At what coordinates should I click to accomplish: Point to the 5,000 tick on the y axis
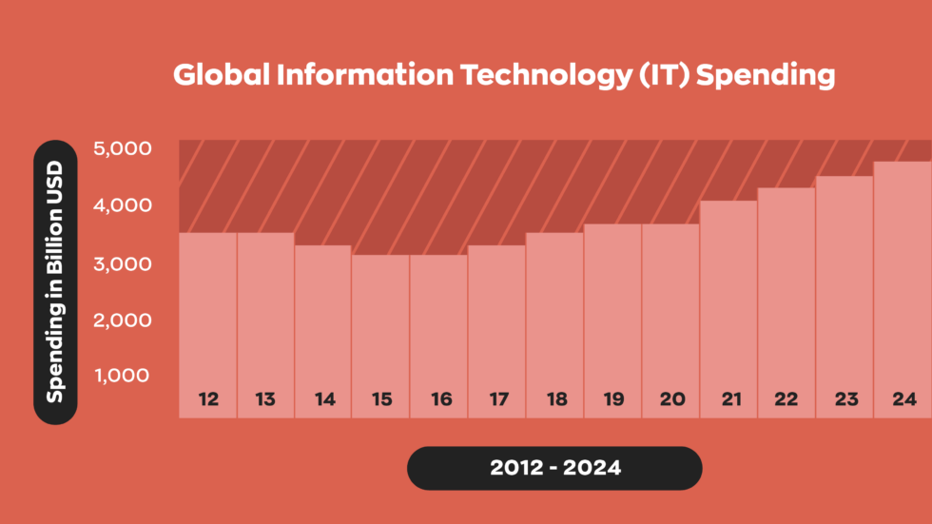(122, 148)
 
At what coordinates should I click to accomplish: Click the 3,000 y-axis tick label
(122, 263)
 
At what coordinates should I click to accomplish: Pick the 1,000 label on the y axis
(122, 375)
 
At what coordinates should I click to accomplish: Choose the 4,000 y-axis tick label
(122, 205)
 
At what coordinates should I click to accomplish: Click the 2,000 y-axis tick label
(122, 320)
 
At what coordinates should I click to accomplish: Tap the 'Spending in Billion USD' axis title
(55, 282)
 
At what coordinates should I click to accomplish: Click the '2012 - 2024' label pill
(554, 468)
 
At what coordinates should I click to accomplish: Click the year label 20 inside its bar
(671, 399)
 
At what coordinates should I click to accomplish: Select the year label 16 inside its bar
(440, 399)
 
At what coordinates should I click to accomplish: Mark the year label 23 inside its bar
(845, 399)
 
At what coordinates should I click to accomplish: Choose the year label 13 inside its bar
(265, 399)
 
